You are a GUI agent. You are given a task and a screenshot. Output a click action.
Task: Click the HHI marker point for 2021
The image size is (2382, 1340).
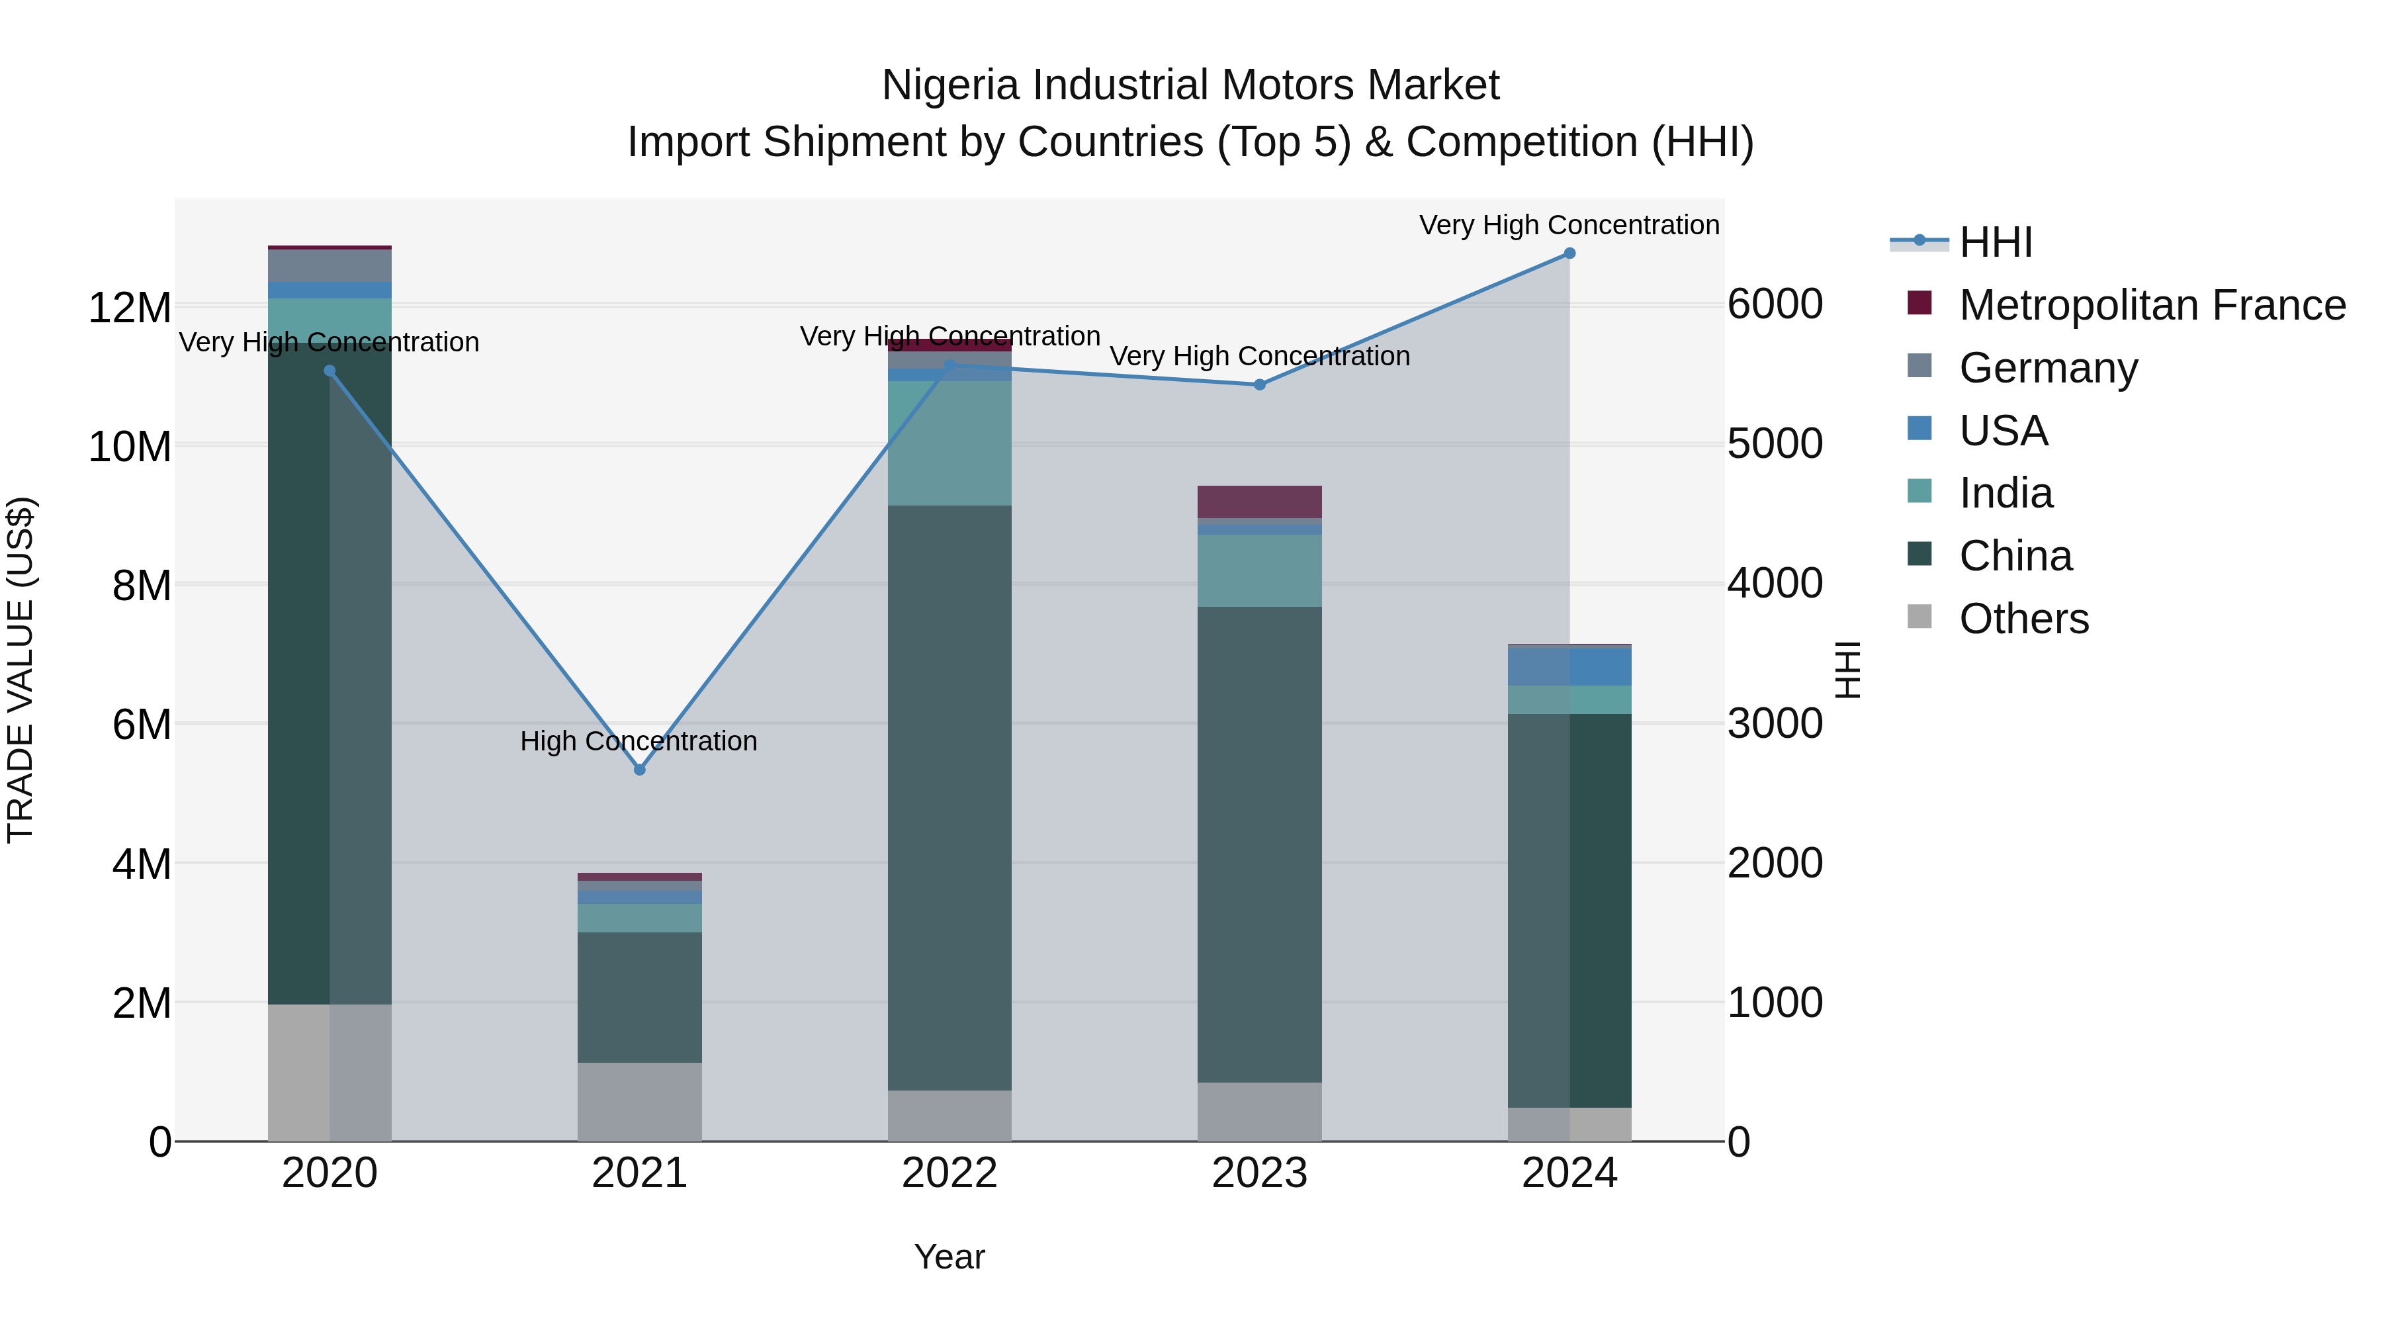[639, 770]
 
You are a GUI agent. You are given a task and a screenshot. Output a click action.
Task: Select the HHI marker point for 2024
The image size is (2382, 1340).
[1569, 253]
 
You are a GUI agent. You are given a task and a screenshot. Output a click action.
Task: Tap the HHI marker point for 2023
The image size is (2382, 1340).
[1259, 384]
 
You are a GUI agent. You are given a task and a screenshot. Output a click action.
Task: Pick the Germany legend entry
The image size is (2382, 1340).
[2047, 368]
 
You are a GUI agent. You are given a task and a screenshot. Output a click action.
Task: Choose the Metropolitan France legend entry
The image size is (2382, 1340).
[2152, 305]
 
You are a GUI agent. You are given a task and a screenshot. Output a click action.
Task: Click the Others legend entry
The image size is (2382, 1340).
[2023, 619]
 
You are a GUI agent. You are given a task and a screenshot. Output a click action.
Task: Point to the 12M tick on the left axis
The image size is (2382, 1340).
[130, 307]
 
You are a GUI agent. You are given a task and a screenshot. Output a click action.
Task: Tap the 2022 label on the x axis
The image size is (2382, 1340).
[949, 1173]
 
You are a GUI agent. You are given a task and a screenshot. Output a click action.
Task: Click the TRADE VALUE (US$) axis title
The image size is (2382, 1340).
[21, 670]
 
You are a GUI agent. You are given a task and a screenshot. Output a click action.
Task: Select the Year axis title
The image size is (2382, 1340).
[949, 1257]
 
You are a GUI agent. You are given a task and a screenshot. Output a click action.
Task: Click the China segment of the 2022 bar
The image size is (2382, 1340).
[949, 795]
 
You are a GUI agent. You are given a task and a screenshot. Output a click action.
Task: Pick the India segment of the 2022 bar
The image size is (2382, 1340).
[949, 444]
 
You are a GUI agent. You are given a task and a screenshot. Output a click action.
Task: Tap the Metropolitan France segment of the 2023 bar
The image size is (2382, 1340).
[1259, 501]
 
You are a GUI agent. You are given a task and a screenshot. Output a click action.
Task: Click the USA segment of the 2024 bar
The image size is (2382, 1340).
[1569, 666]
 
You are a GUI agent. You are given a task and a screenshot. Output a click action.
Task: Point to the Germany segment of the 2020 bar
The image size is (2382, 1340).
[330, 265]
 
